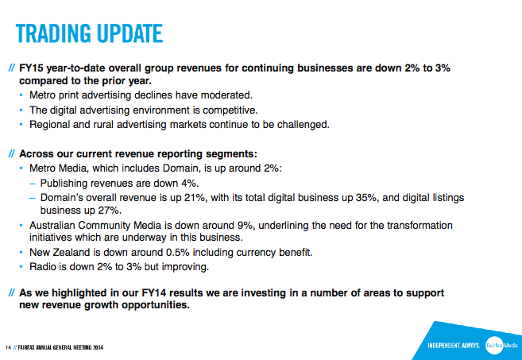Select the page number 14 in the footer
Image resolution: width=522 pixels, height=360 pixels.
[8, 347]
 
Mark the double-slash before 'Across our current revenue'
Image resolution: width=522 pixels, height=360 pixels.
[12, 154]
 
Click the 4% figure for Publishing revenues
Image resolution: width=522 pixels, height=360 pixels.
[191, 183]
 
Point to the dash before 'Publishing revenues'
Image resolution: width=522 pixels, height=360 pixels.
[32, 184]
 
